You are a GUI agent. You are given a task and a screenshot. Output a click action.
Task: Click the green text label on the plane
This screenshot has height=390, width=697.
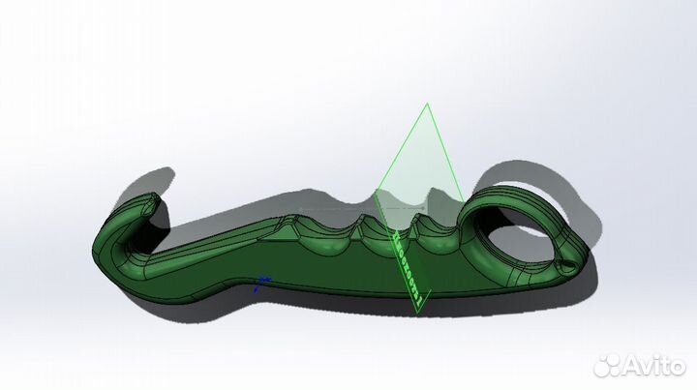point(407,266)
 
